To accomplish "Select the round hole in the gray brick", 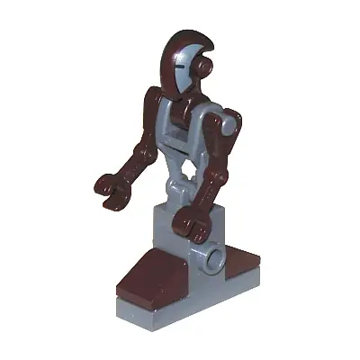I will tap(216, 263).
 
